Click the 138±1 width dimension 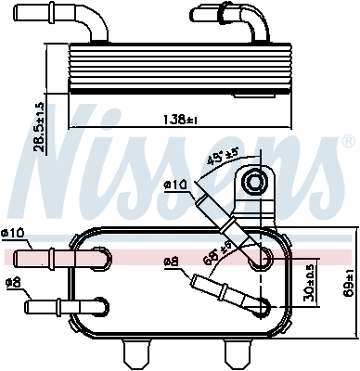(174, 120)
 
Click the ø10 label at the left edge (15, 232)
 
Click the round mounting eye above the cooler (252, 186)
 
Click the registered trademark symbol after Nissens (348, 142)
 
